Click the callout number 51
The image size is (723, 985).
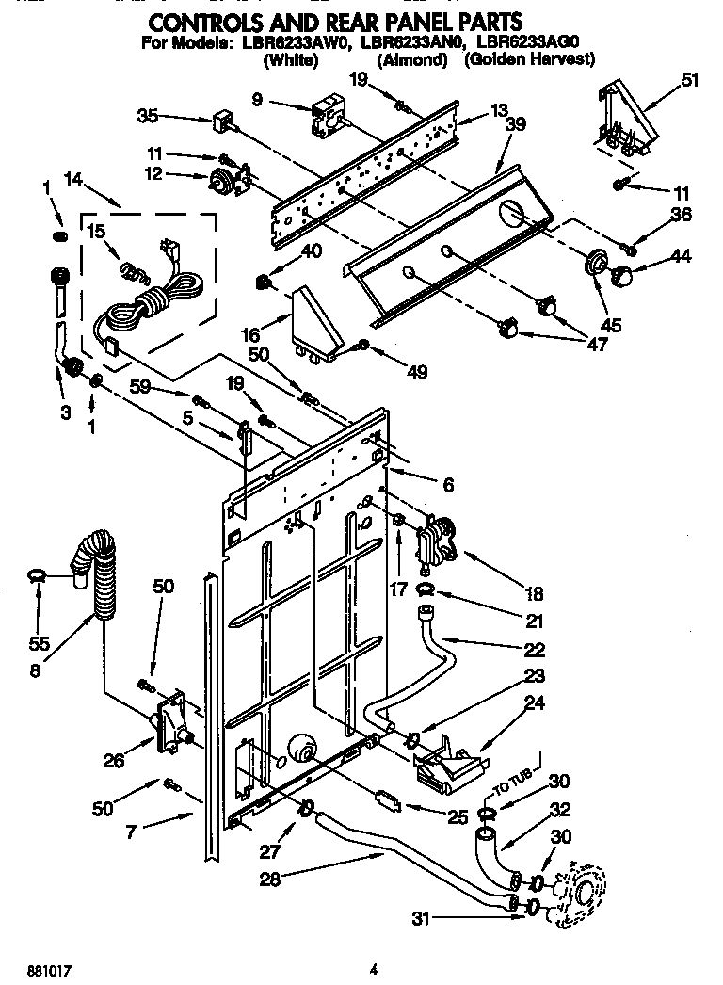(x=690, y=80)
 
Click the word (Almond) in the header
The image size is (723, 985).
(x=411, y=59)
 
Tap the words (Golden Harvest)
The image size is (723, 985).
(x=529, y=59)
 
